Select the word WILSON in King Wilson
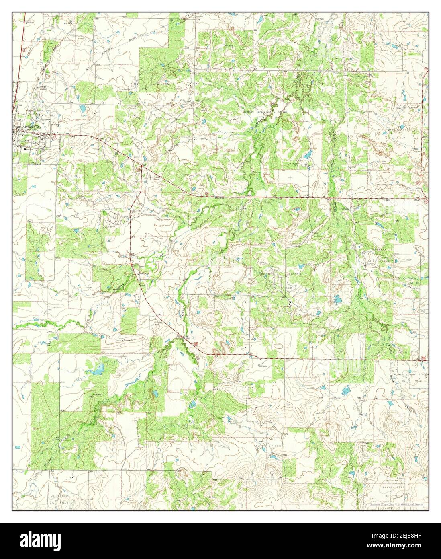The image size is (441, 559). (x=163, y=84)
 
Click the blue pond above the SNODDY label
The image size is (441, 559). (x=308, y=154)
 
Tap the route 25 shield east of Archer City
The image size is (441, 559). (x=56, y=137)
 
